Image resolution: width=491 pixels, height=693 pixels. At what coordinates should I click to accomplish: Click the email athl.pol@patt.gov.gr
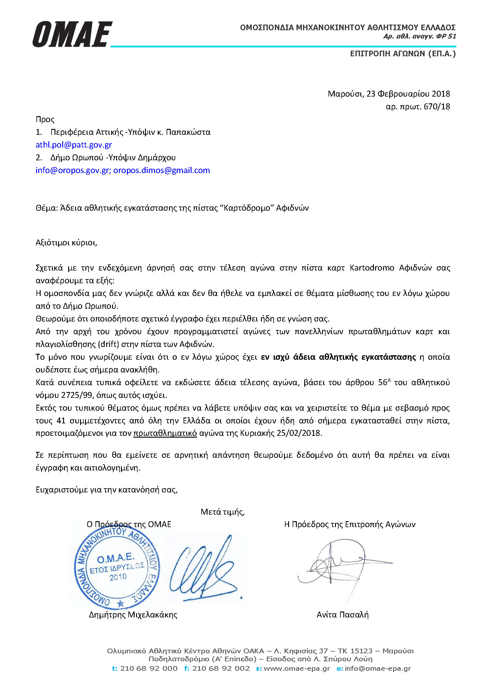pos(74,145)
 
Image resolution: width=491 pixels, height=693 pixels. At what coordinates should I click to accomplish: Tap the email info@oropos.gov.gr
pos(72,170)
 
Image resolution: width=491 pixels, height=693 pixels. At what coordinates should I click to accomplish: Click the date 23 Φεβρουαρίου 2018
pos(408,94)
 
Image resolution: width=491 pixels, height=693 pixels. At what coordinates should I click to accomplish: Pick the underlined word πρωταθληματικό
pos(165,433)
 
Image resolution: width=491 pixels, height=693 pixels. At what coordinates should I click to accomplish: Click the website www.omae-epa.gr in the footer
pos(296,668)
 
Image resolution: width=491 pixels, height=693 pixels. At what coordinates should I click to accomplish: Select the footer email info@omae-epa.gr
pos(378,668)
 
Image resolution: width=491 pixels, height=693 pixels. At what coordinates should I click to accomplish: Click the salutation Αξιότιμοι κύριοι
pos(66,243)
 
